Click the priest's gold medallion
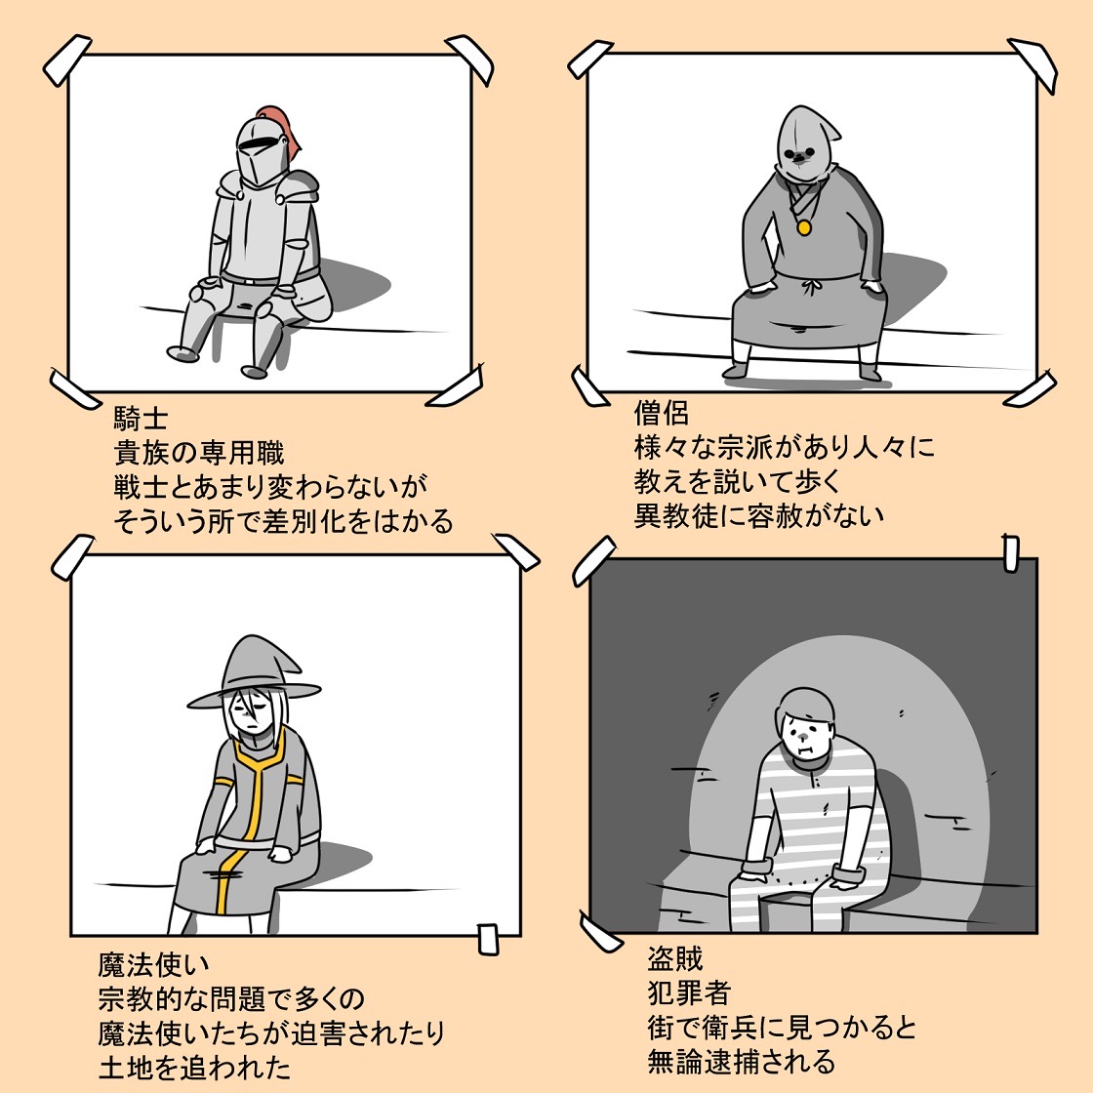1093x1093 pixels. pyautogui.click(x=804, y=227)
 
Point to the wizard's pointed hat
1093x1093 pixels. pyautogui.click(x=255, y=669)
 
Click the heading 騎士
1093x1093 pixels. pyautogui.click(x=141, y=419)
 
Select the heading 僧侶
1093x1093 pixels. pyautogui.click(x=662, y=413)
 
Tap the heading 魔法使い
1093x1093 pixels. pyautogui.click(x=153, y=965)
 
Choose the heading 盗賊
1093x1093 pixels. pyautogui.click(x=674, y=959)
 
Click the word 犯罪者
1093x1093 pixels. pyautogui.click(x=689, y=992)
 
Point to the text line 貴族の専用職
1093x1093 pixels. pyautogui.click(x=199, y=453)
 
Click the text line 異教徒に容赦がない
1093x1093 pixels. pyautogui.click(x=759, y=516)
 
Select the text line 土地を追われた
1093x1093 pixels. pyautogui.click(x=194, y=1068)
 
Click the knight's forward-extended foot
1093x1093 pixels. pyautogui.click(x=182, y=352)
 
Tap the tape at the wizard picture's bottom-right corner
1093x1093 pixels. pyautogui.click(x=489, y=939)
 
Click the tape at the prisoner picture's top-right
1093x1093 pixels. pyautogui.click(x=1011, y=552)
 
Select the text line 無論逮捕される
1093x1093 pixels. pyautogui.click(x=741, y=1062)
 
